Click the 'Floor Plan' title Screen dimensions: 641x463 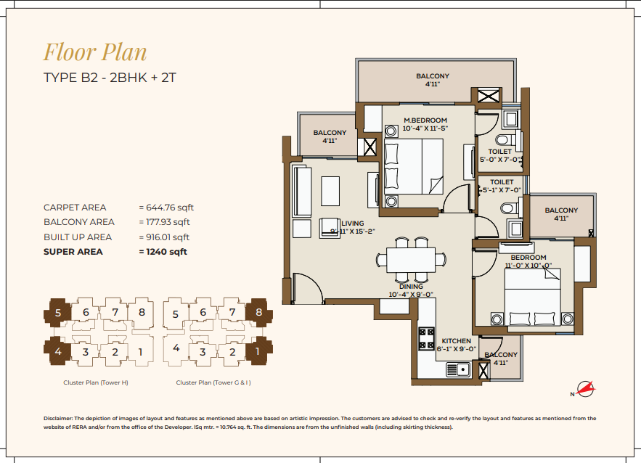tap(95, 52)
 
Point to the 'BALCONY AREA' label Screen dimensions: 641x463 tap(79, 222)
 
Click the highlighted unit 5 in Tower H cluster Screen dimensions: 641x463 tap(57, 313)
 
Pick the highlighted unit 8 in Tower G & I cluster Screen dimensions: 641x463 tap(259, 313)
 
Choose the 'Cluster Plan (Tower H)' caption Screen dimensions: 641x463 tap(96, 382)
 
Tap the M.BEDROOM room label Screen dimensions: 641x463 tap(425, 120)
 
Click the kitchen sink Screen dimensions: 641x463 tap(458, 369)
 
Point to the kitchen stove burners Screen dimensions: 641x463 tap(426, 339)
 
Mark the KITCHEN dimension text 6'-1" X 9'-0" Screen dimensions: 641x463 tap(456, 349)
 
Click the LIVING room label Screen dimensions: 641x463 tap(352, 224)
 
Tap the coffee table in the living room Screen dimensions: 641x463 tap(330, 191)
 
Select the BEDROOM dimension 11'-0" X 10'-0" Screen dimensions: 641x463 tap(528, 265)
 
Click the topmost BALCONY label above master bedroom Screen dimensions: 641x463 tap(433, 76)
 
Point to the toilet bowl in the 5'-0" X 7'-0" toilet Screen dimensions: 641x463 tap(504, 139)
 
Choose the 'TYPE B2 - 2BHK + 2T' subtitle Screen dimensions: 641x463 tap(110, 78)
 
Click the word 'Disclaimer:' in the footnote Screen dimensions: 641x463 tap(58, 419)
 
